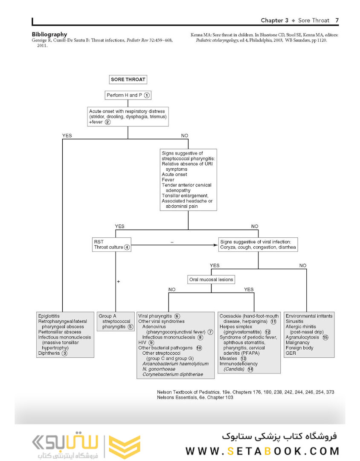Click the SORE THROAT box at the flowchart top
[x=128, y=79]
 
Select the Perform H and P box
[x=128, y=95]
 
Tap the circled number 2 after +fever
[x=108, y=122]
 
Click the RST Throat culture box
[x=111, y=245]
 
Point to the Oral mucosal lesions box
[x=211, y=280]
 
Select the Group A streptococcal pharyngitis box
[x=116, y=321]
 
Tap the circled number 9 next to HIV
[x=151, y=342]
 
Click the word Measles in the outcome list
[x=228, y=359]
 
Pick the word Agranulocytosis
[x=303, y=337]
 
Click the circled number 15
[x=325, y=337]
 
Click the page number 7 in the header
[x=337, y=20]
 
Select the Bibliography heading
[x=49, y=35]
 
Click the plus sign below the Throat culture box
[x=118, y=282]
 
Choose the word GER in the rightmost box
[x=290, y=353]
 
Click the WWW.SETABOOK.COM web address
[x=262, y=451]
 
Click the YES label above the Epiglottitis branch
[x=67, y=135]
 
